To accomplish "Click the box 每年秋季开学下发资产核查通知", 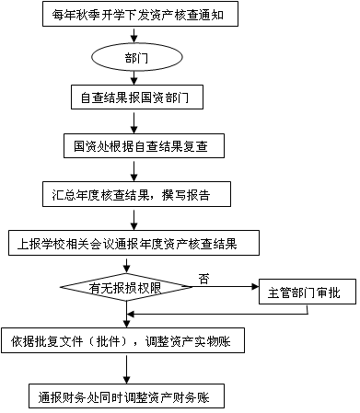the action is click(140, 14).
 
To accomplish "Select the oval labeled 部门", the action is click(137, 57).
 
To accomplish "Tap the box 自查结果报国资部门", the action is click(137, 98).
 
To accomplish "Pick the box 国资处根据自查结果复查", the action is click(144, 145).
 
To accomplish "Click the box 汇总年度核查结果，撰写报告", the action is click(136, 194).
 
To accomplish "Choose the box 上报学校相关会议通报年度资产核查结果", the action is click(134, 243).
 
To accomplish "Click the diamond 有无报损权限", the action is click(126, 287).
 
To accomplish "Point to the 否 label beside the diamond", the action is click(204, 279).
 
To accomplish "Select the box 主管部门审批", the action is click(308, 292).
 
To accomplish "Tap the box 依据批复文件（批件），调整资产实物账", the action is click(122, 340).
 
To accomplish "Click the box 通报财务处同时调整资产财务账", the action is click(126, 396).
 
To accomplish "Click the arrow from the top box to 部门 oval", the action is click(134, 35).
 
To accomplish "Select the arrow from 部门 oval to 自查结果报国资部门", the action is click(134, 78).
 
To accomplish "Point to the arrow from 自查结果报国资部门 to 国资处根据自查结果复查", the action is click(134, 121).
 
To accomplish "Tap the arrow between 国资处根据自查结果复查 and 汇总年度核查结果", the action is click(134, 170).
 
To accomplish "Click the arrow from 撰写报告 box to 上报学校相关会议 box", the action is click(134, 219).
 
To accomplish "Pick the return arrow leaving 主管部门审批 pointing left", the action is click(217, 314).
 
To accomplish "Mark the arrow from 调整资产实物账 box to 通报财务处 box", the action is click(126, 368).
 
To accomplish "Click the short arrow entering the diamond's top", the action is click(126, 264).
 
